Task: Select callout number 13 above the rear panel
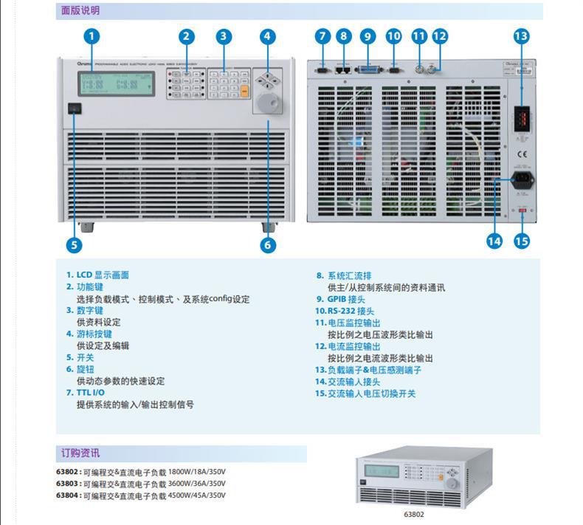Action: pyautogui.click(x=522, y=36)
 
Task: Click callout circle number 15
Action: pyautogui.click(x=522, y=241)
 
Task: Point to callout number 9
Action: pyautogui.click(x=368, y=36)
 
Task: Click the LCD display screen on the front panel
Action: pyautogui.click(x=118, y=83)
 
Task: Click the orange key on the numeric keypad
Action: pyautogui.click(x=244, y=92)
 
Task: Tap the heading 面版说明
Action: pyautogui.click(x=79, y=11)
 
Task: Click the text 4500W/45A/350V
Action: pyautogui.click(x=197, y=495)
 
